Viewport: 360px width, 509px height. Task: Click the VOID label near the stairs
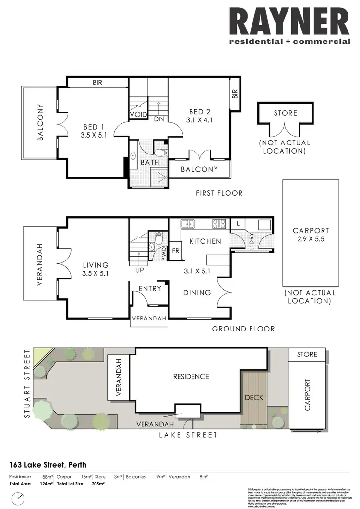(135, 115)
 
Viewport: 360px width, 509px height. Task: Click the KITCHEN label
(205, 241)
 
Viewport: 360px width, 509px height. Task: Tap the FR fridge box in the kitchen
(176, 250)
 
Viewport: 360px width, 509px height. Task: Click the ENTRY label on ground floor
(150, 288)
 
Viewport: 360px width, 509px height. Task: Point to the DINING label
(197, 292)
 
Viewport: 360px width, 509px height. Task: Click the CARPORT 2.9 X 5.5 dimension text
(311, 239)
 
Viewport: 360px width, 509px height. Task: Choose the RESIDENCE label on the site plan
(191, 377)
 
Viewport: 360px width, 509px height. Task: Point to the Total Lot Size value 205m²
(98, 484)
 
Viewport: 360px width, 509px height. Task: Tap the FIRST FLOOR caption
(219, 193)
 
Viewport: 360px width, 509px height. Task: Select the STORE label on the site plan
(307, 354)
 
